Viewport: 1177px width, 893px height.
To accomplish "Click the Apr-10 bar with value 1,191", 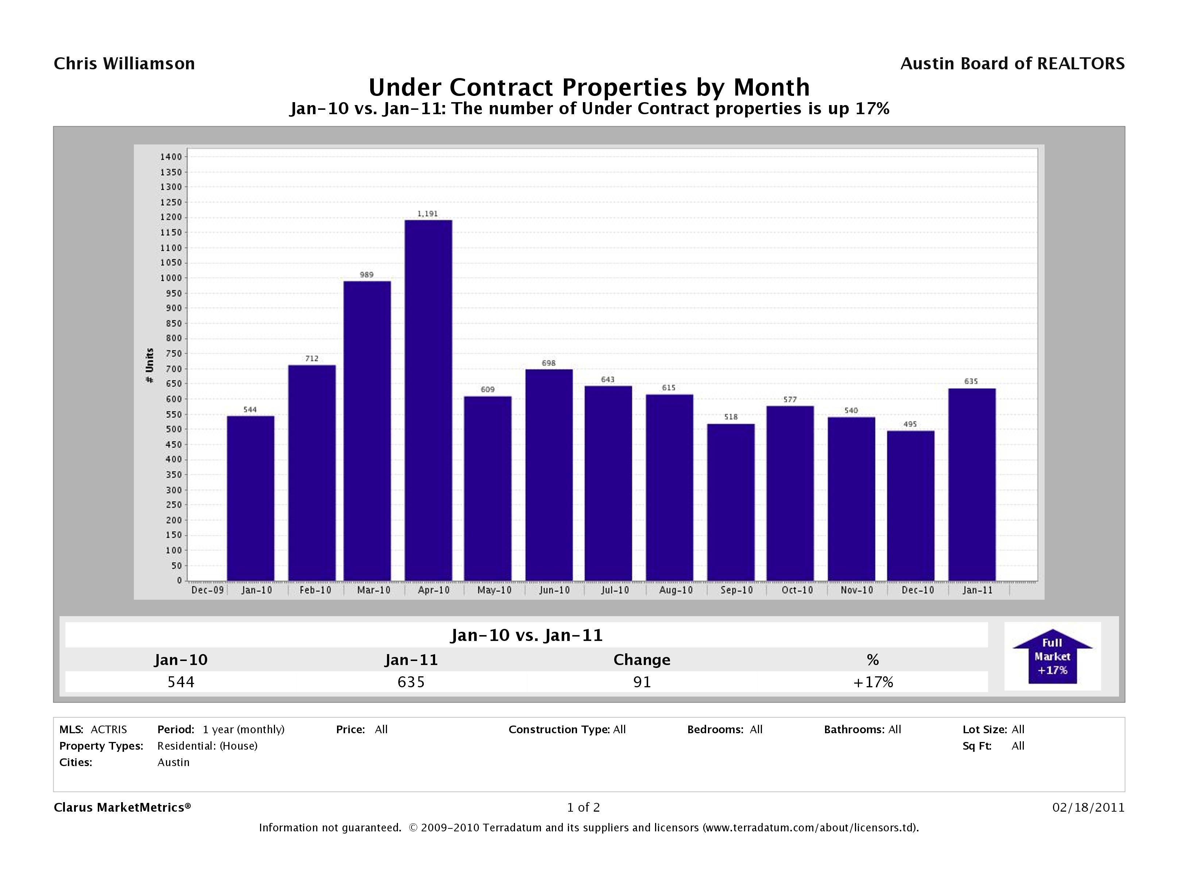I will click(428, 399).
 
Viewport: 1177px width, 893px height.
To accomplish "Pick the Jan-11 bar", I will click(972, 484).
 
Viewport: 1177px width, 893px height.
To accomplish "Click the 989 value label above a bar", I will click(367, 275).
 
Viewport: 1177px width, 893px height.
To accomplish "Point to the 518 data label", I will click(731, 417).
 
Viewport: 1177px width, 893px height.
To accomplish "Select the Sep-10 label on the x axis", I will click(736, 590).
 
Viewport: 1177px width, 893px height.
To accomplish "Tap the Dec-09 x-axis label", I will click(208, 590).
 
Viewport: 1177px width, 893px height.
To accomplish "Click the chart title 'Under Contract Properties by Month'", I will click(589, 87).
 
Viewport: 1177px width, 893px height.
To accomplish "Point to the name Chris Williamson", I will click(124, 64).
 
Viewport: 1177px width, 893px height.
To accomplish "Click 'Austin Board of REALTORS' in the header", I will click(1012, 64).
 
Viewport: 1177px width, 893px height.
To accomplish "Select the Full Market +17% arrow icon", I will click(1052, 656).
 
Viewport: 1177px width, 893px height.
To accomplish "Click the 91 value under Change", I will click(642, 682).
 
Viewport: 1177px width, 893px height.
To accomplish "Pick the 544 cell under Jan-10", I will click(181, 682).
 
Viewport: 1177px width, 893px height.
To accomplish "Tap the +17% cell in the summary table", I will click(873, 682).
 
